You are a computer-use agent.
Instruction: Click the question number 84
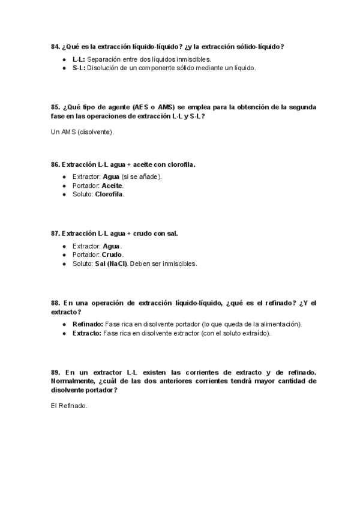(x=55, y=47)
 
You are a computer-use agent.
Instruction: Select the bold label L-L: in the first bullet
(x=79, y=59)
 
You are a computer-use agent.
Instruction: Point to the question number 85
(x=55, y=107)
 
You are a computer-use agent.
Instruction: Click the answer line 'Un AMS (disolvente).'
(x=83, y=131)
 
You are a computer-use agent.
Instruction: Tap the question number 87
(x=55, y=233)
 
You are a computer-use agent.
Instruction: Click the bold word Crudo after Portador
(x=112, y=254)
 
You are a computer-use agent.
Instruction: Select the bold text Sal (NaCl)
(x=110, y=264)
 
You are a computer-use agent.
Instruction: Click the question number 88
(x=55, y=303)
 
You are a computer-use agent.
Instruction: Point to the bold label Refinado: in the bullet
(x=88, y=324)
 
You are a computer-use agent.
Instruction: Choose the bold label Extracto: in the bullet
(x=87, y=333)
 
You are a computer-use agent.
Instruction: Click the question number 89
(x=55, y=372)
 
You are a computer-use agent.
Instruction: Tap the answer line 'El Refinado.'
(x=70, y=405)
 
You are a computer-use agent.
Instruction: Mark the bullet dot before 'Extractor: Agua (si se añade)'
(x=64, y=177)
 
